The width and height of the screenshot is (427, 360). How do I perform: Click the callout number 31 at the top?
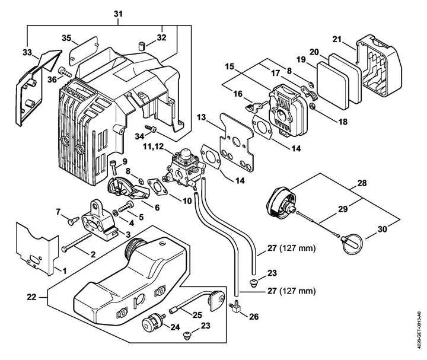tap(118, 14)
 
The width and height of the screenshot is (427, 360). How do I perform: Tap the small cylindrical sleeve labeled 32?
tap(142, 46)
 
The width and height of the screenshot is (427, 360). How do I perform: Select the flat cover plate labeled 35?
tap(83, 50)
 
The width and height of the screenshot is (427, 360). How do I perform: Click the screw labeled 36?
tap(65, 71)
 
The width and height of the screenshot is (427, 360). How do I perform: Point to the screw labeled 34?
tap(150, 128)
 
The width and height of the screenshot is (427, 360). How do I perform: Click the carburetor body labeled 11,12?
tap(183, 168)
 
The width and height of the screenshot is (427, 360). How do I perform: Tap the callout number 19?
tap(301, 59)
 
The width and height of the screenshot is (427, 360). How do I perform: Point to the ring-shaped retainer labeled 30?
tap(351, 243)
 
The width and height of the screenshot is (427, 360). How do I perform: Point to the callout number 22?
tap(31, 297)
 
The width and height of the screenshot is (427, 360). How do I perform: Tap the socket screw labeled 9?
tap(114, 167)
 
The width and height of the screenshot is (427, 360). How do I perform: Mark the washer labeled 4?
tap(115, 212)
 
